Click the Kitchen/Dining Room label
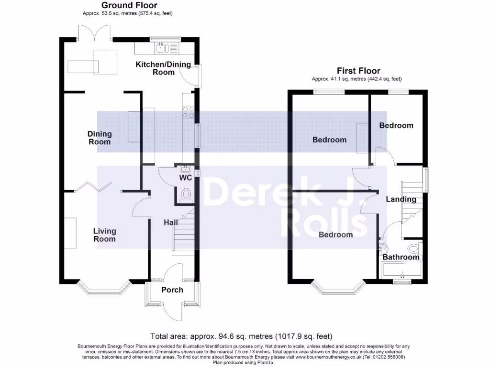(x=163, y=68)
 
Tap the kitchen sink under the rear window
(x=160, y=47)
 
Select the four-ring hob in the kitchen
(x=188, y=112)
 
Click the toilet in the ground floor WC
(x=186, y=195)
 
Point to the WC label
(x=186, y=178)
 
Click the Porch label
(x=172, y=290)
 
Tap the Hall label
(x=171, y=223)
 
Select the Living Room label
(x=104, y=235)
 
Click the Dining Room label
(x=99, y=138)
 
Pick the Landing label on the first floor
(x=401, y=199)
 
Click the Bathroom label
(x=401, y=257)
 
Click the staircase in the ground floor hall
(x=184, y=234)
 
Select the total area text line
(x=241, y=336)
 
